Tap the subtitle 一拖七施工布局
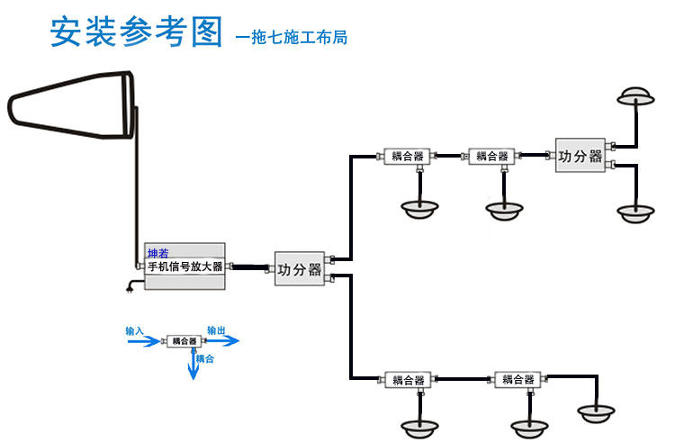pos(292,37)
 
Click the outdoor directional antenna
pos(71,104)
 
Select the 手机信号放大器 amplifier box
pos(184,266)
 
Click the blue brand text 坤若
pos(158,253)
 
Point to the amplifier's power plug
pos(130,287)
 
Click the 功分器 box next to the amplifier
pos(300,268)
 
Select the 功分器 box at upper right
pos(580,155)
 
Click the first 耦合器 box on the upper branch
pos(407,156)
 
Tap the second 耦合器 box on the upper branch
pos(491,156)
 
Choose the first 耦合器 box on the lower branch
pos(408,380)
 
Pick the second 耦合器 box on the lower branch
pos(517,379)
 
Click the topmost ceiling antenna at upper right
pos(635,97)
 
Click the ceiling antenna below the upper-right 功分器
pos(635,213)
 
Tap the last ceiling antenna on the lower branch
pos(596,413)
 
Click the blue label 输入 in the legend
pos(134,330)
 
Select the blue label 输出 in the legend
pos(217,330)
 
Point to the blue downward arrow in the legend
pos(193,365)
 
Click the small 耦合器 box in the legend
pos(184,341)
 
